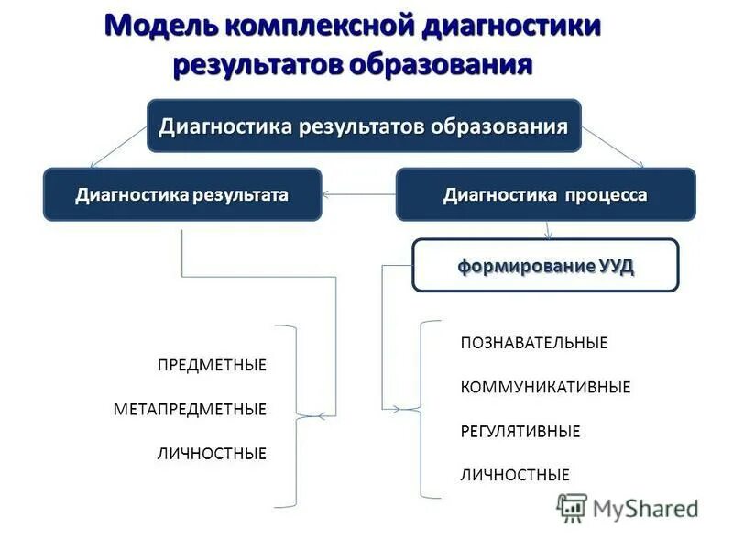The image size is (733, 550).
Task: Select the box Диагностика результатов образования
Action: coord(364,126)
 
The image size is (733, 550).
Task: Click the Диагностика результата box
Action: coord(182,194)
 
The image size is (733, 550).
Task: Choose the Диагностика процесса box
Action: coord(545,194)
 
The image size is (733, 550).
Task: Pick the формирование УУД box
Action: coord(545,266)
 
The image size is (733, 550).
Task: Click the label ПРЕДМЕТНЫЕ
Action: coord(212,365)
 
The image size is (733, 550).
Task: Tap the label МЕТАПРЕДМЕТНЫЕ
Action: coord(190,409)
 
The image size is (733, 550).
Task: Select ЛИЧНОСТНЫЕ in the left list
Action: coord(212,453)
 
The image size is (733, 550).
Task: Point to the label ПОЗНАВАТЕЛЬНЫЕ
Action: coord(533,343)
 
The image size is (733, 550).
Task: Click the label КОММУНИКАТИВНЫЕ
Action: coord(545,387)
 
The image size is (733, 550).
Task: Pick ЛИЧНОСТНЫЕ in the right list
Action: coord(514,475)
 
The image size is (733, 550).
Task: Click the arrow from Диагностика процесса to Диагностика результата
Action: coord(358,194)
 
